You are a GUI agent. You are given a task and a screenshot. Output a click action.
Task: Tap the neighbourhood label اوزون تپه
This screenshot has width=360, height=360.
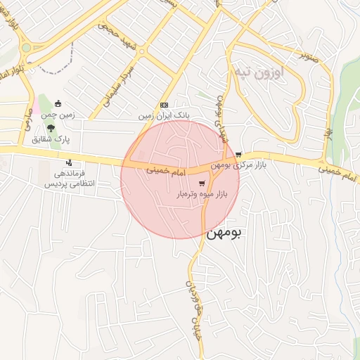coord(261,72)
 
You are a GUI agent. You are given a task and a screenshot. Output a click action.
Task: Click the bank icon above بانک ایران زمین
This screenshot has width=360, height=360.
coord(165,103)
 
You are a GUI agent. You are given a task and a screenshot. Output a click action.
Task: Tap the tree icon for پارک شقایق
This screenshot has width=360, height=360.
coord(52,128)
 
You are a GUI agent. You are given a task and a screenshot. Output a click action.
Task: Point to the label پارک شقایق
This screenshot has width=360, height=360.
coord(52,139)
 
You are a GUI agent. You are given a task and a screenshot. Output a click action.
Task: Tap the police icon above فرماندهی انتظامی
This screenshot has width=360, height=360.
coord(69,162)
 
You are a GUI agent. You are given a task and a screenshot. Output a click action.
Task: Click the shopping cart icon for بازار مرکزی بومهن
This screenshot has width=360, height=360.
coord(239,155)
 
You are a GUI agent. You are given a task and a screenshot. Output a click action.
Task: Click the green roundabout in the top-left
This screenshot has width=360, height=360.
coord(26,48)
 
